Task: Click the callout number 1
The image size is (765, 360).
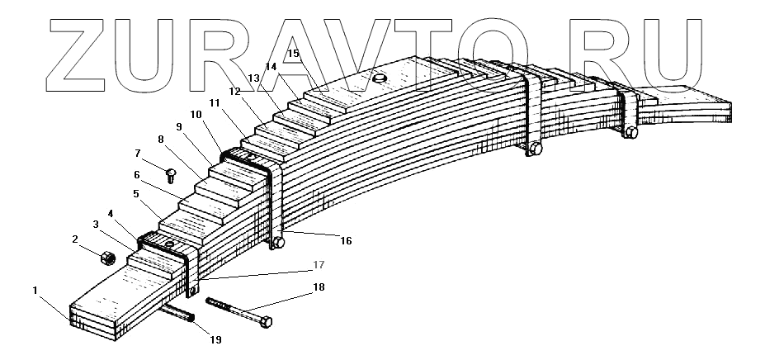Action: tap(35, 290)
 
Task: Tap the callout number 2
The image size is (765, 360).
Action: tap(75, 239)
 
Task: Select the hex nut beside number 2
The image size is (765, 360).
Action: tap(106, 259)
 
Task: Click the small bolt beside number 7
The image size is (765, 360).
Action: tap(171, 174)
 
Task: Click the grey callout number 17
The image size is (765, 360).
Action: tap(318, 266)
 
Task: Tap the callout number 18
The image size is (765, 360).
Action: tap(319, 287)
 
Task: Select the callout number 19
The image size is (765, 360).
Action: tap(215, 339)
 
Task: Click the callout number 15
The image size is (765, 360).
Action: tap(293, 53)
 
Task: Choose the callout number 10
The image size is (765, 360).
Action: tap(196, 113)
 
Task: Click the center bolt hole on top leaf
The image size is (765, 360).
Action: tap(380, 78)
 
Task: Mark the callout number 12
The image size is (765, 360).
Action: tap(234, 91)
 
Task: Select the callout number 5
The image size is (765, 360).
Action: tap(136, 194)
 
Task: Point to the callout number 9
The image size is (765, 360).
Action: tap(178, 126)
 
